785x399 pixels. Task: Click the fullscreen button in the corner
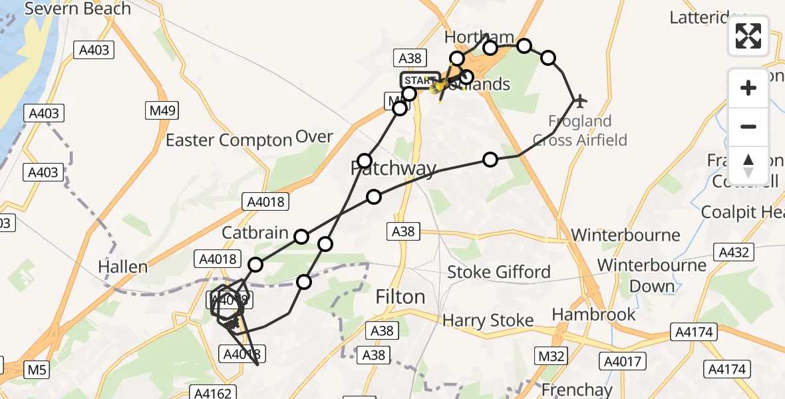pos(748,36)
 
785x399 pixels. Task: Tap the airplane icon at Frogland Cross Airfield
pos(580,101)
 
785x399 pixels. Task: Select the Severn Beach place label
pos(78,9)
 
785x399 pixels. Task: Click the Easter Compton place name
pos(229,140)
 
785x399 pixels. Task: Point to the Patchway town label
pos(393,170)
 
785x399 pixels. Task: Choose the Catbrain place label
pos(255,233)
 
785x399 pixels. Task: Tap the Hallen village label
pos(123,267)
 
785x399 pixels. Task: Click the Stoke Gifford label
pos(499,272)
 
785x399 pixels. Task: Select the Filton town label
pos(400,297)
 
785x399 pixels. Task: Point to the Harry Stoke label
pos(488,321)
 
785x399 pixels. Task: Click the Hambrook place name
pos(594,314)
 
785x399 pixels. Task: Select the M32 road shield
pos(551,356)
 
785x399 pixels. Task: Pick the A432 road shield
pos(733,252)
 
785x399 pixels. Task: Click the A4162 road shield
pos(214,393)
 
